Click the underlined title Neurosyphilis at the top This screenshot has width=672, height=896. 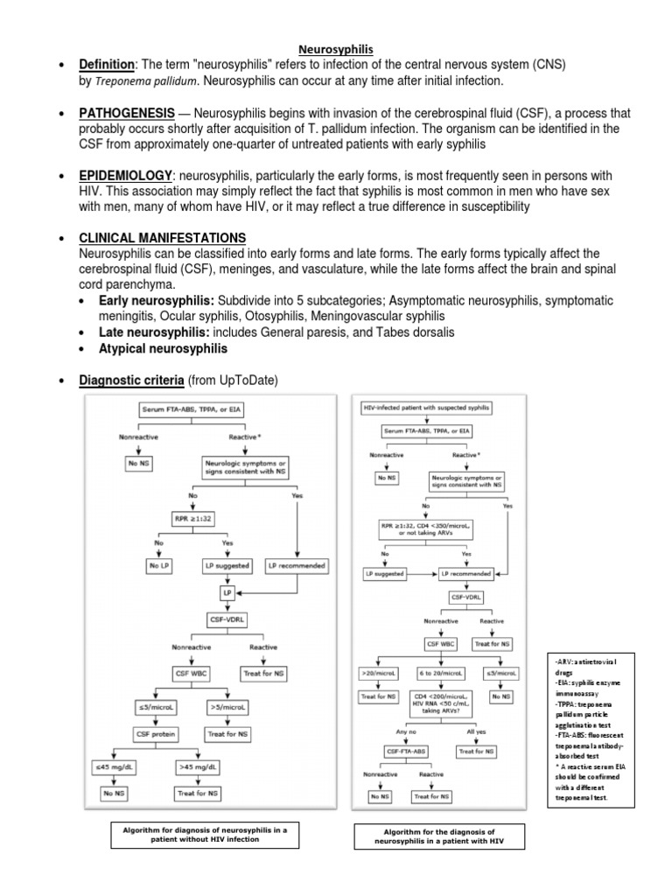click(x=336, y=51)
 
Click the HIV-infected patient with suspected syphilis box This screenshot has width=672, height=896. click(x=426, y=409)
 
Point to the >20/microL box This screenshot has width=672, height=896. click(x=379, y=673)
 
